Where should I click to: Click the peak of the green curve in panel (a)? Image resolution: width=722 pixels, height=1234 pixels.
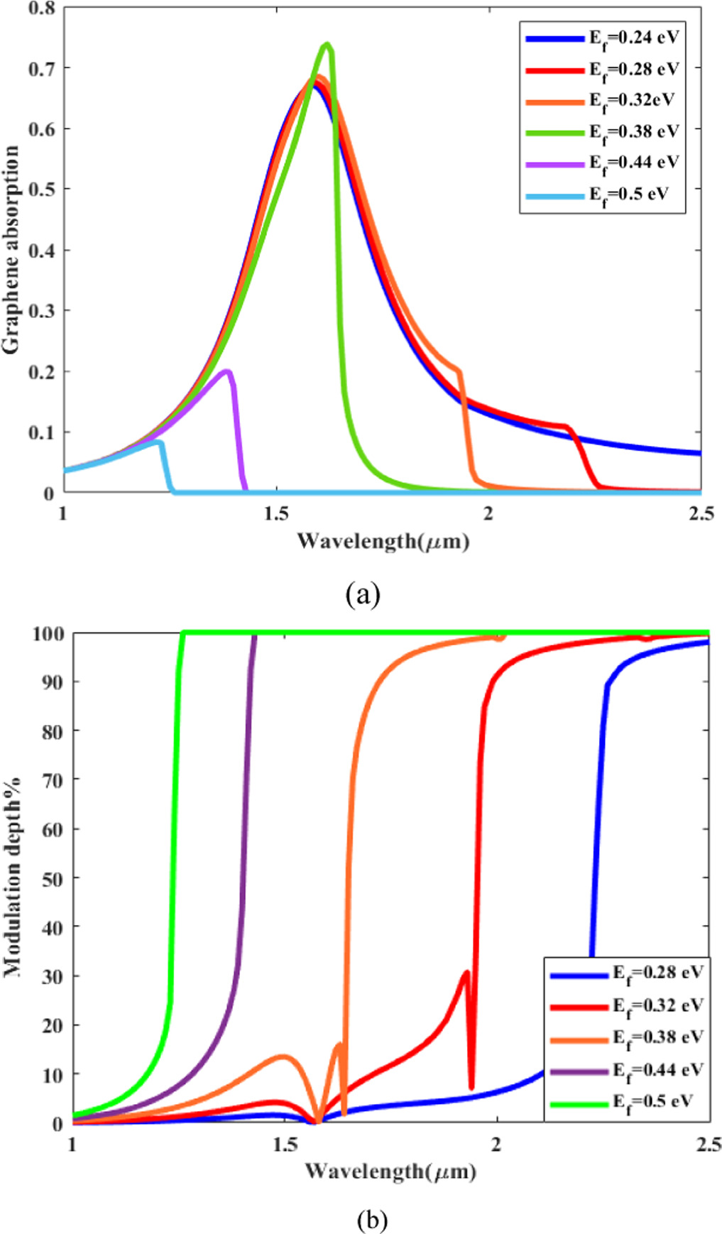pyautogui.click(x=327, y=45)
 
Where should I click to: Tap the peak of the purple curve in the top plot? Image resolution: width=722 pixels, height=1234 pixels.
pyautogui.click(x=227, y=371)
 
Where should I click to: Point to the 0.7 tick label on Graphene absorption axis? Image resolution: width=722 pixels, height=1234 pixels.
pyautogui.click(x=41, y=68)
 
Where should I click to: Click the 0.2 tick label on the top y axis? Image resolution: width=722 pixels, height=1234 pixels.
pyautogui.click(x=41, y=371)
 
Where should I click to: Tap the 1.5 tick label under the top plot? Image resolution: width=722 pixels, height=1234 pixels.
pyautogui.click(x=276, y=513)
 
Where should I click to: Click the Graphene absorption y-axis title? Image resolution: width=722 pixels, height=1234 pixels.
pyautogui.click(x=11, y=250)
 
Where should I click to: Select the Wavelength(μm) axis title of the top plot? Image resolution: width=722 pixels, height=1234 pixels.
pyautogui.click(x=383, y=542)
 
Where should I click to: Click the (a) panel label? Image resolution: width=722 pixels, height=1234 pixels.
pyautogui.click(x=363, y=594)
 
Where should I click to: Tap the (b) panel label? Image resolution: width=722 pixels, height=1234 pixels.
pyautogui.click(x=373, y=1220)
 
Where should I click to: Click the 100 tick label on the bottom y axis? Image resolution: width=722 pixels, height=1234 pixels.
pyautogui.click(x=47, y=633)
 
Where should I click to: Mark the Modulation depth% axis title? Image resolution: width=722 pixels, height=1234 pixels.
pyautogui.click(x=13, y=878)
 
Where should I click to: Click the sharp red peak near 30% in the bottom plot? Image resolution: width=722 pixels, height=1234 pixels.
pyautogui.click(x=466, y=972)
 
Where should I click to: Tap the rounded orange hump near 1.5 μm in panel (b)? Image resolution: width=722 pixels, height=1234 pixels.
pyautogui.click(x=283, y=1056)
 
